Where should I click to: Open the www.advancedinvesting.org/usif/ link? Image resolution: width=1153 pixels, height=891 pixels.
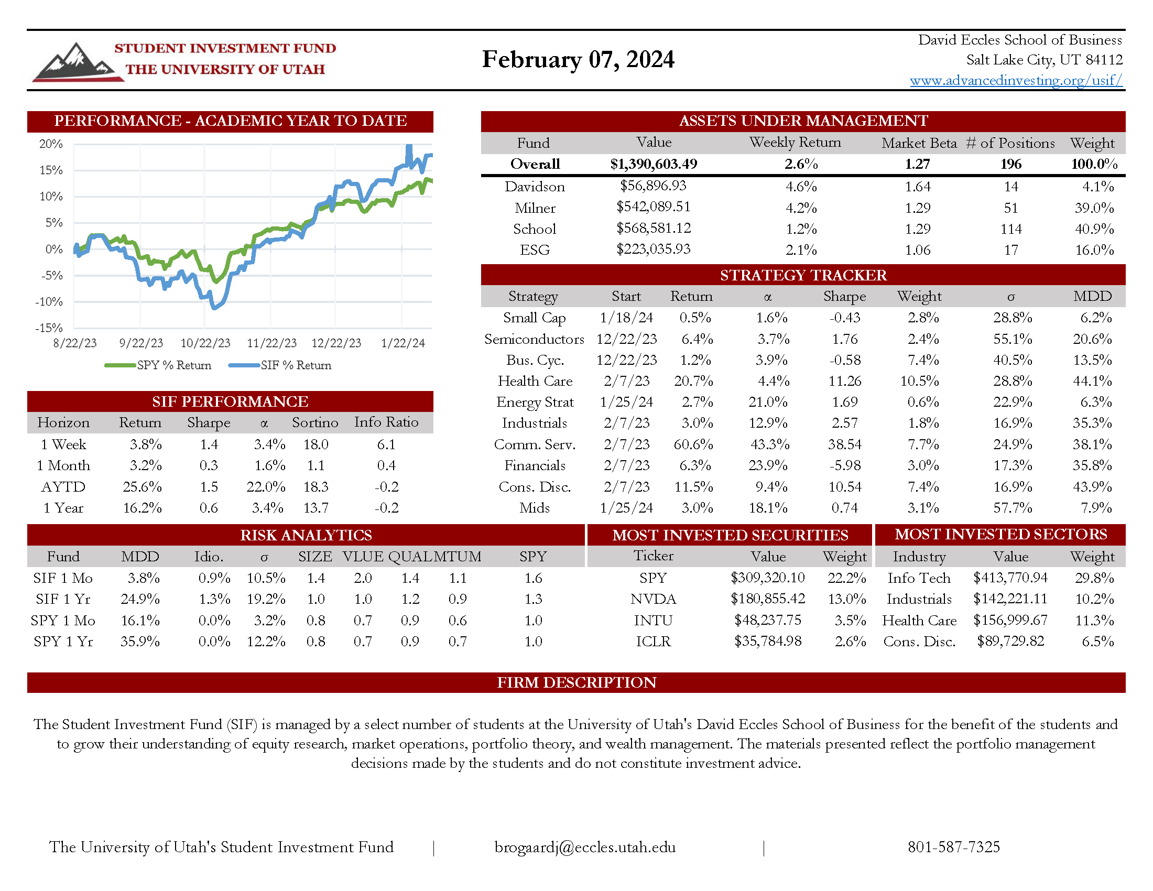[x=1015, y=80]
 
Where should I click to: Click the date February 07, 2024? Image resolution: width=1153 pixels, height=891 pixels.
[x=578, y=59]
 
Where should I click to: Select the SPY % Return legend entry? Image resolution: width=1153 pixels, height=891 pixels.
[x=158, y=365]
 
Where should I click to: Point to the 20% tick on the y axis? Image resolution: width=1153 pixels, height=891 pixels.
[x=51, y=144]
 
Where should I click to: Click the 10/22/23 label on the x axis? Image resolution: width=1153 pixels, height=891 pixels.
[x=205, y=343]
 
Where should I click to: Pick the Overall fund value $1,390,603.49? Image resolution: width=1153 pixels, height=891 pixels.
[x=653, y=164]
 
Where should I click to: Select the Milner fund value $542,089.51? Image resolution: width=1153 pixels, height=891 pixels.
[x=653, y=207]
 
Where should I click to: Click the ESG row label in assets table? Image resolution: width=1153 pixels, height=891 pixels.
[x=534, y=249]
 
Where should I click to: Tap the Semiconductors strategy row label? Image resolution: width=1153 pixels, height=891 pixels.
[x=534, y=339]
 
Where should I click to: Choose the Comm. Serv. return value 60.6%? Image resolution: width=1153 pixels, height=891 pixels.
[x=693, y=444]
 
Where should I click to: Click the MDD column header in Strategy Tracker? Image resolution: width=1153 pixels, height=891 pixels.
[x=1092, y=296]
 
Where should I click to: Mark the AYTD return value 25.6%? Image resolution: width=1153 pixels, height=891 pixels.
[x=142, y=487]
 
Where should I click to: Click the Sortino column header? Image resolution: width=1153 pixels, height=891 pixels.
[x=314, y=423]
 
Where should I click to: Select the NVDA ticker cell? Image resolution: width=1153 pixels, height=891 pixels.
[x=652, y=599]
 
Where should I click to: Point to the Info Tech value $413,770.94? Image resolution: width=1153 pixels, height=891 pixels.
[x=1010, y=578]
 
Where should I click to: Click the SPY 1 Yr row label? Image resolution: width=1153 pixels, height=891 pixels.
[x=63, y=642]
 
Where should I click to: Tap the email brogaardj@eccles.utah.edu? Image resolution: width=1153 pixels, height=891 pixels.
[x=584, y=847]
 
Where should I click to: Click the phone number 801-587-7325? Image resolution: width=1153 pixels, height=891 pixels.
[x=953, y=847]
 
